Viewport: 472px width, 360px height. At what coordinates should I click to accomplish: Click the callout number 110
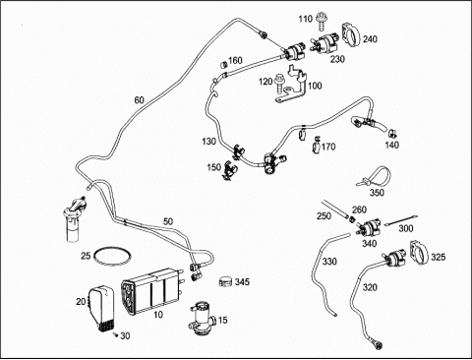[x=305, y=19]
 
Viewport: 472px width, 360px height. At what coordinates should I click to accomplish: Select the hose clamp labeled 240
[x=351, y=35]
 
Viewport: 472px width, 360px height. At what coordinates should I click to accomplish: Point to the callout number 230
[x=337, y=59]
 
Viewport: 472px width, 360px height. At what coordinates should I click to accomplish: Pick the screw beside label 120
[x=279, y=82]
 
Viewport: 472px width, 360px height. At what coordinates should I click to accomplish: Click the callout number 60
[x=139, y=99]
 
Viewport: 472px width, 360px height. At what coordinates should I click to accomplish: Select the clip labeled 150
[x=229, y=170]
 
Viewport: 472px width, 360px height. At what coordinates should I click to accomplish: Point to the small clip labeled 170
[x=317, y=145]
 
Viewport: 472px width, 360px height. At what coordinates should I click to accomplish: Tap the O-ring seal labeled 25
[x=112, y=255]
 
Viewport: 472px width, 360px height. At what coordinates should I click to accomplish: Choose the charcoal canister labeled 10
[x=151, y=290]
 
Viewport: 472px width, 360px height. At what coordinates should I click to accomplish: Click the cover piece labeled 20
[x=101, y=309]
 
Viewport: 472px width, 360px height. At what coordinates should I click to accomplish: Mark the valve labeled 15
[x=202, y=319]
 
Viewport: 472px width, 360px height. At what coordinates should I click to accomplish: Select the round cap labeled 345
[x=225, y=281]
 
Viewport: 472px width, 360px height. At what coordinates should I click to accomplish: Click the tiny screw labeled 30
[x=115, y=334]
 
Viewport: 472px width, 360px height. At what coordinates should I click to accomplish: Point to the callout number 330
[x=329, y=261]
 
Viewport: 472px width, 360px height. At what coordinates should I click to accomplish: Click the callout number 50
[x=168, y=221]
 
